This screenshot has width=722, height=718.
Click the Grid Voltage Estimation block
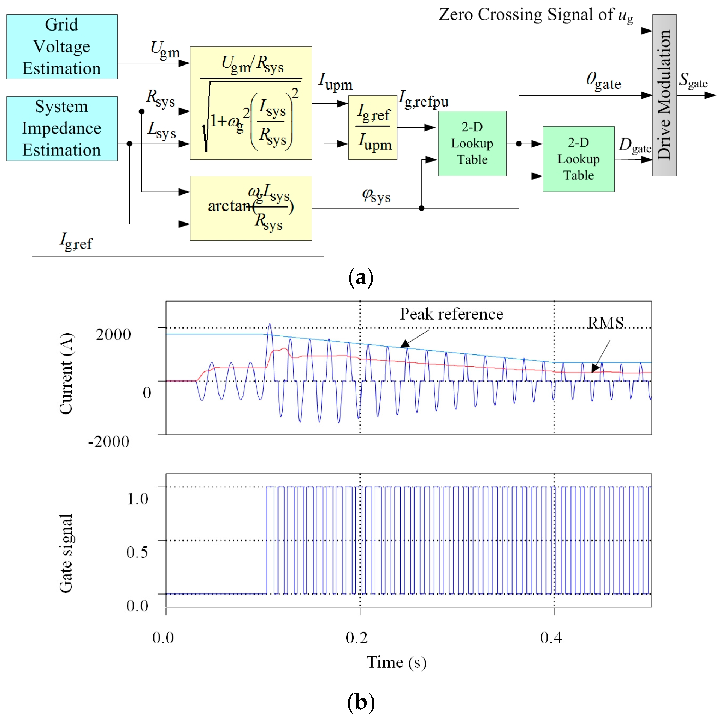[62, 47]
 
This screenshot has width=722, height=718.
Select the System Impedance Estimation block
[62, 128]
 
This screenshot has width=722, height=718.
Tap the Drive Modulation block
[664, 95]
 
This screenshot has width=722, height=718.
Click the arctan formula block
[250, 208]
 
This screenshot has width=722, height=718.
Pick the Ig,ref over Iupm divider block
[372, 128]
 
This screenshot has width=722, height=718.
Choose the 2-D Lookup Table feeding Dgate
[578, 159]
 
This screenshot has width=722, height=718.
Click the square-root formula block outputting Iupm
[250, 103]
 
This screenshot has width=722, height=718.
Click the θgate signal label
[603, 81]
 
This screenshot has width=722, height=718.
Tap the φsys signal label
[376, 196]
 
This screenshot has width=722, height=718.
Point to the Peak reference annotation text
[451, 314]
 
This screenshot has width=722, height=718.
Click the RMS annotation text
[605, 322]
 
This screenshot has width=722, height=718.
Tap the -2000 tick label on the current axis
[109, 441]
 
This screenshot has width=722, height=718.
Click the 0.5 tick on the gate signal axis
[137, 552]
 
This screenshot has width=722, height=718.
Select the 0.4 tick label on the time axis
[551, 637]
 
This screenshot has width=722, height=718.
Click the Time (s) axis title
[396, 662]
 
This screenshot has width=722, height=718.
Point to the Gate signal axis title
[66, 553]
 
